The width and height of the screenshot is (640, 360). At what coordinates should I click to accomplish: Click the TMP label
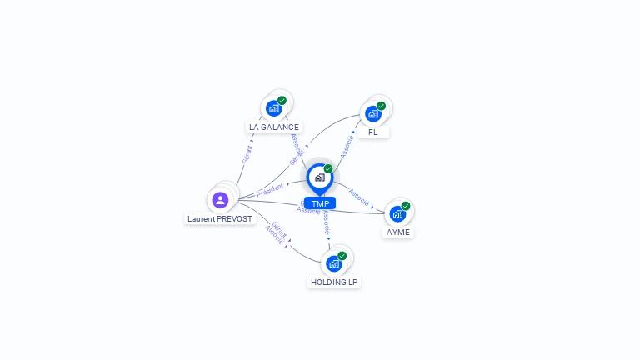[320, 203]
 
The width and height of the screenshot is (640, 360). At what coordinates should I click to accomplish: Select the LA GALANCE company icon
[273, 108]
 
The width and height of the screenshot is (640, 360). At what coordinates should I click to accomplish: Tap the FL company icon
[372, 113]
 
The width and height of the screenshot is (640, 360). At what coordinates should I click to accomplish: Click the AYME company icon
[397, 213]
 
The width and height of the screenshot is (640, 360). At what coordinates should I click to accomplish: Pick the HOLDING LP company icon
[334, 263]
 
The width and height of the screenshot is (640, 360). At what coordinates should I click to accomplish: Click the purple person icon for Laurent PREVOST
[220, 200]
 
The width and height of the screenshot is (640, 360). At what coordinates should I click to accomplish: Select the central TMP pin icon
[319, 177]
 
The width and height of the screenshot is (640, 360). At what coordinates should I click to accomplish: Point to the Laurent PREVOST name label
[219, 218]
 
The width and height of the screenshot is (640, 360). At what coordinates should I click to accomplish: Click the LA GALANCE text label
[273, 127]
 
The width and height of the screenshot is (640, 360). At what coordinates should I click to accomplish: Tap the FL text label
[372, 132]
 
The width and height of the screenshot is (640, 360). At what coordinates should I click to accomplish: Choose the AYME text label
[397, 232]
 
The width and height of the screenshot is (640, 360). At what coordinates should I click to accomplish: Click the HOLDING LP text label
[334, 282]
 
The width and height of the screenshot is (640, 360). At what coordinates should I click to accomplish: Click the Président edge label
[270, 190]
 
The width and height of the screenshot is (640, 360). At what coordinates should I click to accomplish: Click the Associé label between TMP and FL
[347, 147]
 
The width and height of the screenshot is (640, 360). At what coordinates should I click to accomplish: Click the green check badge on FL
[381, 106]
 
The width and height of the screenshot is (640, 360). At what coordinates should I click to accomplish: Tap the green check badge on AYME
[406, 206]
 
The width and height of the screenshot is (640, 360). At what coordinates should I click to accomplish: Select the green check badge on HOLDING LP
[342, 256]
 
